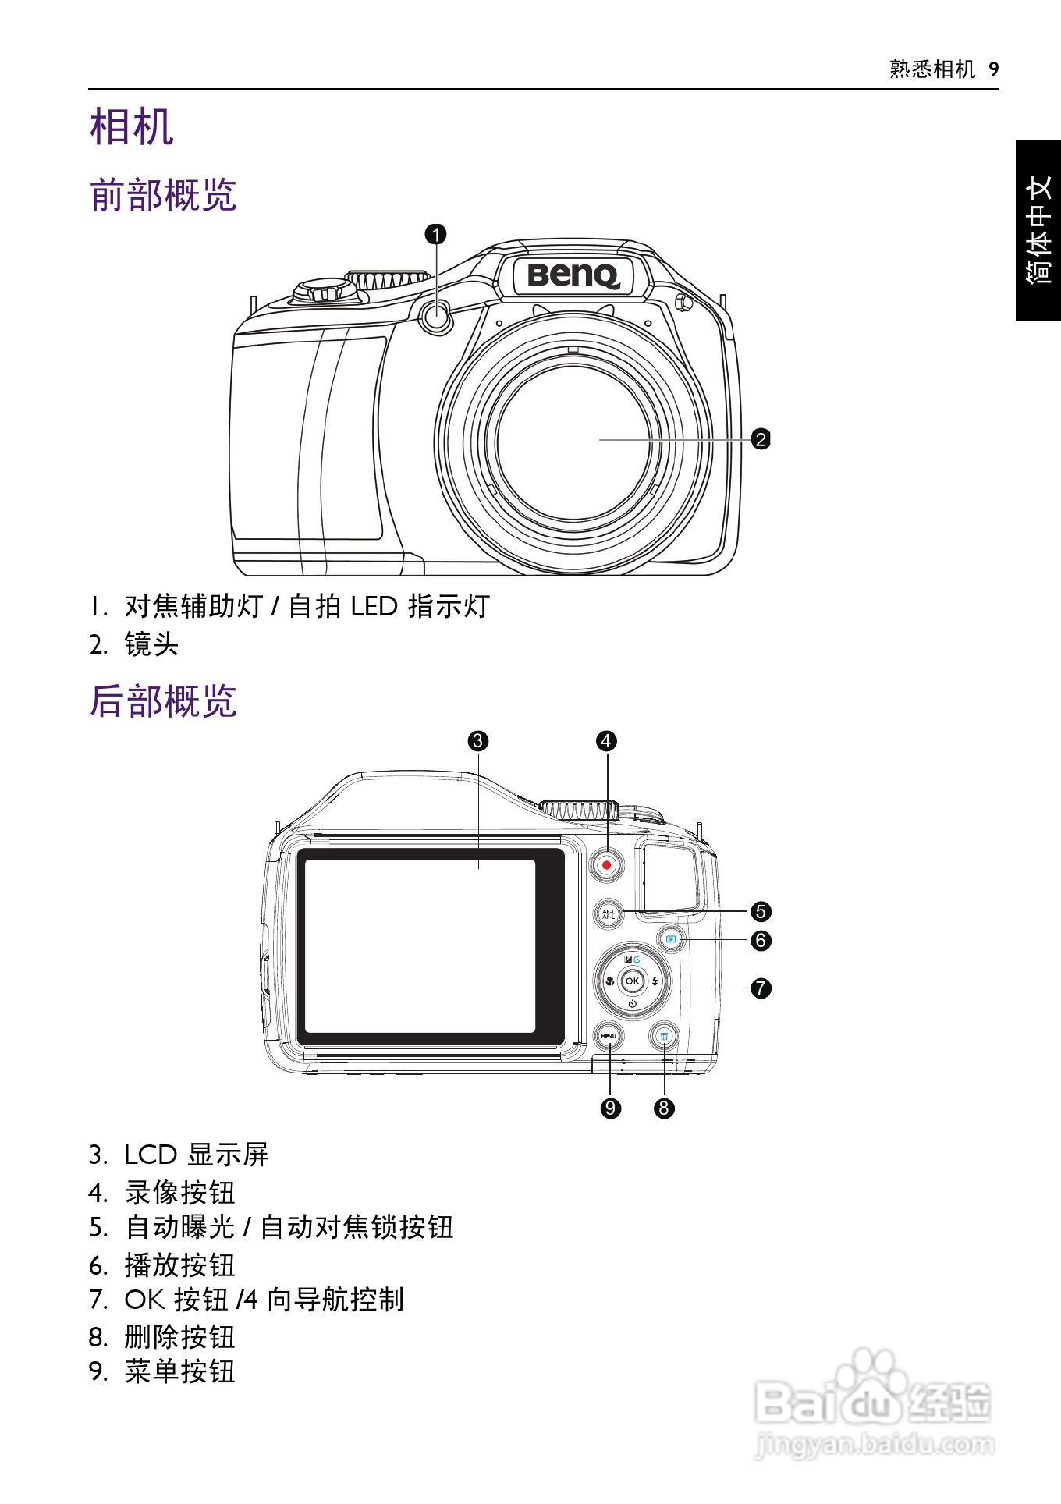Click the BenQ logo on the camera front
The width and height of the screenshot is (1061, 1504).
click(x=573, y=275)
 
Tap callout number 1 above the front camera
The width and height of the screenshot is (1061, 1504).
click(x=436, y=234)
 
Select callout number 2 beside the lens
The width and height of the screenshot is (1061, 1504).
click(x=760, y=439)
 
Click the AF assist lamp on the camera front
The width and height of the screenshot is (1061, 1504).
click(x=436, y=316)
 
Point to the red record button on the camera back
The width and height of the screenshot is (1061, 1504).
click(x=606, y=865)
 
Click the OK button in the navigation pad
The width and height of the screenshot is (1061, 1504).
click(x=632, y=981)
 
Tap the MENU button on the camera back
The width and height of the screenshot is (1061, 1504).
click(x=609, y=1036)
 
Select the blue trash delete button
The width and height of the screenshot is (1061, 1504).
click(x=664, y=1037)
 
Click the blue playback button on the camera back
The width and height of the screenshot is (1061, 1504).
click(x=671, y=939)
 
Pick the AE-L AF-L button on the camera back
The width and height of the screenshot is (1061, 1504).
click(x=609, y=914)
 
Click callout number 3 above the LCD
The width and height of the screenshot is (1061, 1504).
click(x=478, y=741)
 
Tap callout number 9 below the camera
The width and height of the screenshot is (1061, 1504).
click(x=610, y=1108)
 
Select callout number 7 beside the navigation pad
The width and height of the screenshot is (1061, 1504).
click(x=760, y=988)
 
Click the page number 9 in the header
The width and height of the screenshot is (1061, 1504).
click(x=993, y=70)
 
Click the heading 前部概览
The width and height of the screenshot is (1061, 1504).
click(x=163, y=195)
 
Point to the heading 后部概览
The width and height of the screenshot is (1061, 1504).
click(x=163, y=701)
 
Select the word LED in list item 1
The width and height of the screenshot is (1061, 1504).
click(x=374, y=607)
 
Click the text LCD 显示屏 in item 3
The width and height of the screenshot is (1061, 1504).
click(x=197, y=1155)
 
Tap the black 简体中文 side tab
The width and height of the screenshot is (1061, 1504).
click(x=1038, y=230)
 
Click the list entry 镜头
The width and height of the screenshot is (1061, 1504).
click(x=151, y=644)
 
